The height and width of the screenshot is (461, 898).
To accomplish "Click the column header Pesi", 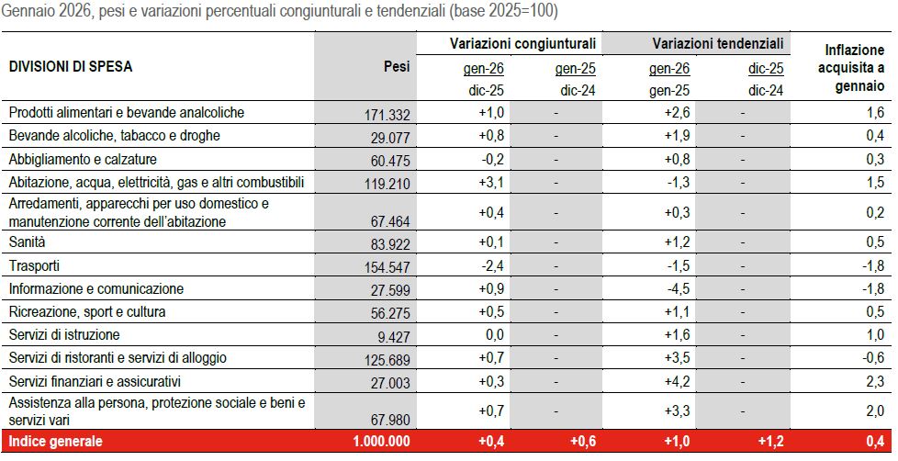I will click(x=396, y=67).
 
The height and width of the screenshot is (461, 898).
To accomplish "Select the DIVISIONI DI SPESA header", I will click(x=70, y=67).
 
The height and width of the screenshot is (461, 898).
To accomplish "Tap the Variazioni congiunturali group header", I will click(x=522, y=44).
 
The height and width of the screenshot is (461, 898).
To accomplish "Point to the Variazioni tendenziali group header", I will click(x=717, y=44).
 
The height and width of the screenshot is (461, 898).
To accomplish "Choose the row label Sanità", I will click(x=28, y=242).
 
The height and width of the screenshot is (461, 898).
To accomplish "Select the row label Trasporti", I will click(x=34, y=266).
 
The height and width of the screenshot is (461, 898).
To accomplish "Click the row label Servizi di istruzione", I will click(x=64, y=334).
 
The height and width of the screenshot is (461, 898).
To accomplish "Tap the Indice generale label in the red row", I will click(x=55, y=442).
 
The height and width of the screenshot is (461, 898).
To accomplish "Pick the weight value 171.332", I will click(x=387, y=114).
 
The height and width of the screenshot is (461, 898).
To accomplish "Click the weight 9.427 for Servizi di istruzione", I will click(x=393, y=336).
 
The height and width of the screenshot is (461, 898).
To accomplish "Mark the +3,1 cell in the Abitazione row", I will click(x=493, y=182).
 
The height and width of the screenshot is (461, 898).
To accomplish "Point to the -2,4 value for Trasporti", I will click(x=493, y=266).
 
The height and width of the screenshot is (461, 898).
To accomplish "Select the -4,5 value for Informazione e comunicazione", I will click(x=678, y=289).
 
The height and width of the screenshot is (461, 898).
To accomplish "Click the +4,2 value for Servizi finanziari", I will click(x=678, y=380).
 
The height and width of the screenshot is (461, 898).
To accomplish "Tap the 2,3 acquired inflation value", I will click(x=875, y=380).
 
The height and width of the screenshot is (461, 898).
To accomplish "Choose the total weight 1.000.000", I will click(x=381, y=443).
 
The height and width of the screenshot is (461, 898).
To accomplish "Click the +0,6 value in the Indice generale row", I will click(x=584, y=443).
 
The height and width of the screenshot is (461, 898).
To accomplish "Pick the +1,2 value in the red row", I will click(x=769, y=443).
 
